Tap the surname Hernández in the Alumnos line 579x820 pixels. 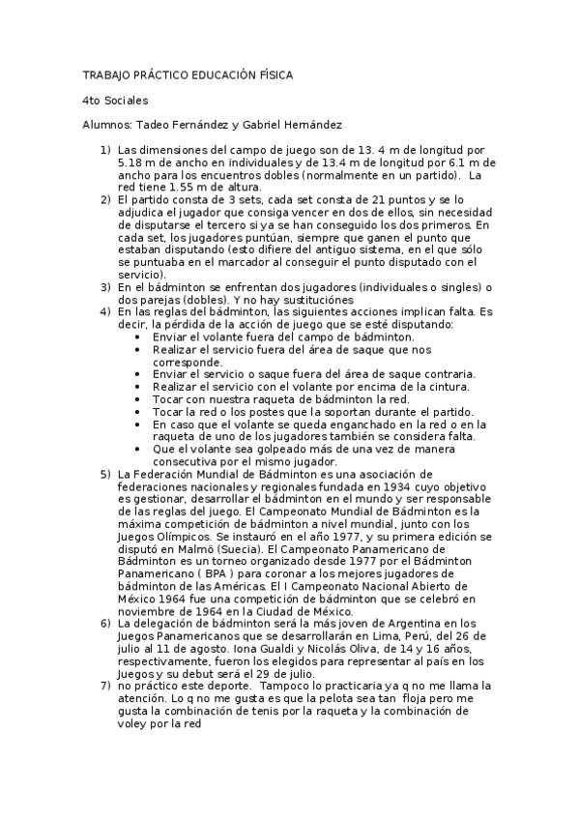pyautogui.click(x=307, y=125)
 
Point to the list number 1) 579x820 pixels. pyautogui.click(x=105, y=151)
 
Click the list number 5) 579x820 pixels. pyautogui.click(x=105, y=474)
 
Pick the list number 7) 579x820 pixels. pyautogui.click(x=105, y=686)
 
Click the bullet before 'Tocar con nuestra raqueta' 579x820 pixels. pyautogui.click(x=141, y=399)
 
